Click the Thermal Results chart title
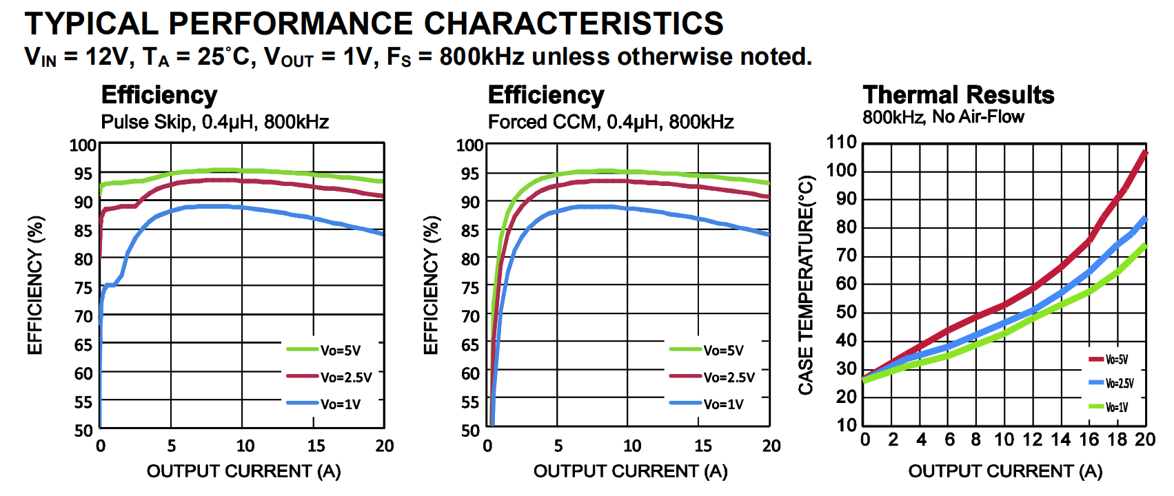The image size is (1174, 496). [x=958, y=95]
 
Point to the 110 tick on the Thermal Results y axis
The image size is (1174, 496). [x=841, y=143]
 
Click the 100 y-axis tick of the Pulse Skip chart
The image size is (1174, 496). [x=83, y=145]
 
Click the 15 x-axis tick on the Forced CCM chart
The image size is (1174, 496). [x=702, y=446]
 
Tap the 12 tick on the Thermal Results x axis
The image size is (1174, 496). [x=1032, y=440]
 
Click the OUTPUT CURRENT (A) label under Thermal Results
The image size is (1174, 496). [x=1005, y=471]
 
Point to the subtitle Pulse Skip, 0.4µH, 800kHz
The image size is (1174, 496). [x=214, y=122]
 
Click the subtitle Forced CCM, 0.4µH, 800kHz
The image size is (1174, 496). [x=610, y=122]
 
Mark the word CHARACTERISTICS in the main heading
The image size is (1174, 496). [x=574, y=23]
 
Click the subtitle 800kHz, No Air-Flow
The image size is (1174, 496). [x=943, y=117]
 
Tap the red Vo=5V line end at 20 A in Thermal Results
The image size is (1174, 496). [x=1145, y=153]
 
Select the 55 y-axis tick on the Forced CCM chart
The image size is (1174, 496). [x=470, y=402]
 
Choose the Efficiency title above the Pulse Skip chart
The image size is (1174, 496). [x=159, y=95]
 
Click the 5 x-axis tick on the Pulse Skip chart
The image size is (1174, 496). [x=172, y=446]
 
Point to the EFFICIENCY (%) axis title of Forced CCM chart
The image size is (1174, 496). [x=431, y=285]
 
